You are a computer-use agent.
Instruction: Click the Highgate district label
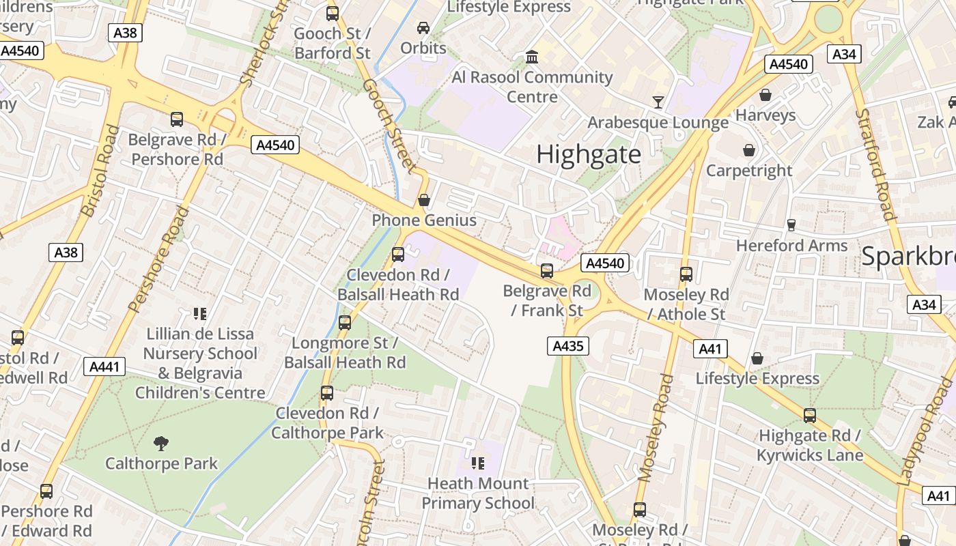(x=588, y=154)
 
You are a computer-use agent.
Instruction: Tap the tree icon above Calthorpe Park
(x=161, y=444)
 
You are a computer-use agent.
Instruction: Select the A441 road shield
(x=104, y=367)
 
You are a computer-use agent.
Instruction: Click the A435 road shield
(x=567, y=346)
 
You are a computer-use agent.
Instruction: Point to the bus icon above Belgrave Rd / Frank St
(x=546, y=271)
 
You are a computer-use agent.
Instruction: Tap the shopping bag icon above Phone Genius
(x=423, y=200)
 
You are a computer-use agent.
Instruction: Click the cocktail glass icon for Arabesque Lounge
(x=658, y=102)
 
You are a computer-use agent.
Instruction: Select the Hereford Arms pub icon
(x=791, y=225)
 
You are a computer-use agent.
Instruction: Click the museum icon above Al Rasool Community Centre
(x=532, y=57)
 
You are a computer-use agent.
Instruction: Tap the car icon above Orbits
(x=423, y=28)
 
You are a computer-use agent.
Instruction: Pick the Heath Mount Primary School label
(x=477, y=493)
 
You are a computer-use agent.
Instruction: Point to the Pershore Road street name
(x=158, y=259)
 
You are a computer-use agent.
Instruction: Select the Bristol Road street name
(x=100, y=171)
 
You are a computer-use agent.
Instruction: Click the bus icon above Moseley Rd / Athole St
(x=686, y=274)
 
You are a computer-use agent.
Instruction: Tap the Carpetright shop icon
(x=749, y=150)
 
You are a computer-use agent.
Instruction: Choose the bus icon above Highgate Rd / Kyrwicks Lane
(x=809, y=415)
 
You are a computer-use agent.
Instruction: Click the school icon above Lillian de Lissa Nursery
(x=199, y=314)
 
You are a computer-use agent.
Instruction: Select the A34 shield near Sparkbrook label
(x=924, y=304)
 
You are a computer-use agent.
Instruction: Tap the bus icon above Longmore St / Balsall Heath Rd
(x=345, y=323)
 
